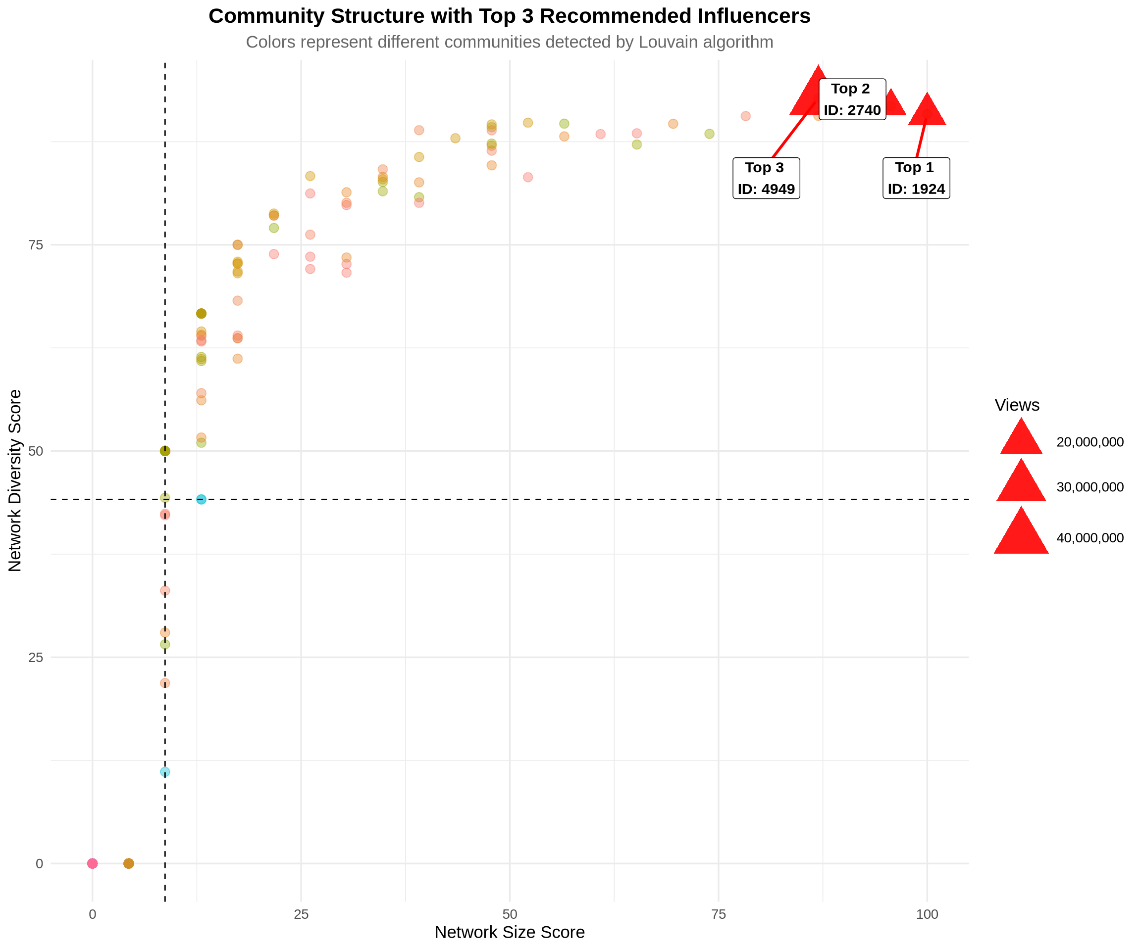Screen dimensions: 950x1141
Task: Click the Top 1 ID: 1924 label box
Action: point(916,178)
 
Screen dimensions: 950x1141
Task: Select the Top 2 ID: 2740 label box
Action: point(852,99)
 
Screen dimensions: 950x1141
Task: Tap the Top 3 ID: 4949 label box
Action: point(766,178)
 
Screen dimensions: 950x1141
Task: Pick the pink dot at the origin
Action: point(93,863)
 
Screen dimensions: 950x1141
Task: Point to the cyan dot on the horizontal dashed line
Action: point(201,499)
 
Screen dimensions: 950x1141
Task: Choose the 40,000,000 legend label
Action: point(1090,538)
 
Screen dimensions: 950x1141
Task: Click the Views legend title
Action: point(1017,405)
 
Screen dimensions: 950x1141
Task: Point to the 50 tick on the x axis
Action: point(510,915)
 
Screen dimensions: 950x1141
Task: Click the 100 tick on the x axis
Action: point(927,915)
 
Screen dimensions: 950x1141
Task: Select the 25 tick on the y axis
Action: point(36,658)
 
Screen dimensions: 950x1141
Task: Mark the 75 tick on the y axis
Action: point(36,245)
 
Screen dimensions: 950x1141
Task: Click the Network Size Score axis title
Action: point(510,933)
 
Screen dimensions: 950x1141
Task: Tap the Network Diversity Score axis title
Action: point(15,480)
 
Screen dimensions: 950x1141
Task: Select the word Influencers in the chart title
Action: point(754,16)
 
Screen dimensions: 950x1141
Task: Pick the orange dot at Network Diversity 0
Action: point(129,863)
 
